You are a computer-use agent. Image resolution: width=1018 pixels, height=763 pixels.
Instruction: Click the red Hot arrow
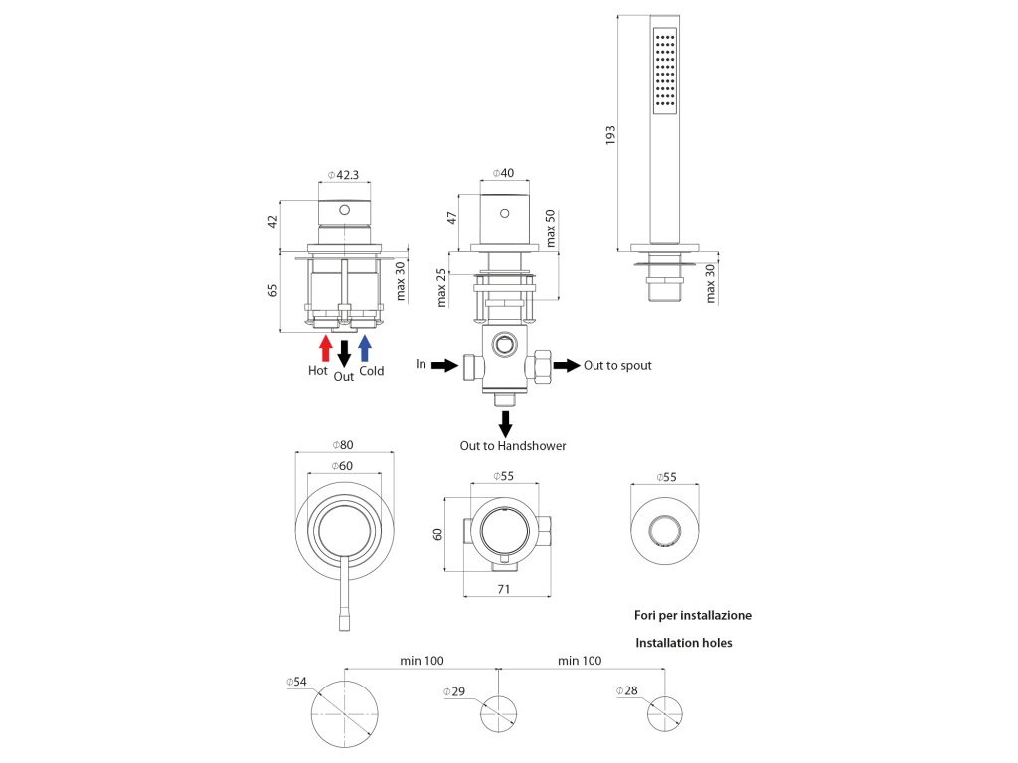[324, 347]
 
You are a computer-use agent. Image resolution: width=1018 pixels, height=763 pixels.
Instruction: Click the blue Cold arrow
[365, 347]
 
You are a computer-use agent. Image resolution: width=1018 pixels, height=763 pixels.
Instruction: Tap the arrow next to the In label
[444, 365]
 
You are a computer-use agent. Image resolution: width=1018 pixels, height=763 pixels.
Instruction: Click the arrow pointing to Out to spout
[566, 365]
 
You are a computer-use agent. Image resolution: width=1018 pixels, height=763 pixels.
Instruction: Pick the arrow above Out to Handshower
[505, 423]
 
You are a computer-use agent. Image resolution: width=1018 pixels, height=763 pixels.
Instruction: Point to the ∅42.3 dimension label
[342, 175]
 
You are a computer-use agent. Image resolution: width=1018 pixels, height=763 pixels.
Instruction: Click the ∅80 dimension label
[344, 444]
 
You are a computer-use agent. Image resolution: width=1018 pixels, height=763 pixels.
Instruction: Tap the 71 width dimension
[504, 589]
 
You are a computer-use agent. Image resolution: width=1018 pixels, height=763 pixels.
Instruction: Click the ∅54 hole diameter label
[296, 682]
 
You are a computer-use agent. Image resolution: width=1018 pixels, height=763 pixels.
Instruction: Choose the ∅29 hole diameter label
[454, 690]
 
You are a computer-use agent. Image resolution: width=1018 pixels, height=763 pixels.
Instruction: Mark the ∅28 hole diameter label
[625, 690]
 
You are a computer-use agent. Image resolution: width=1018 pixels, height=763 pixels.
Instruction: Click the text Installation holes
[683, 643]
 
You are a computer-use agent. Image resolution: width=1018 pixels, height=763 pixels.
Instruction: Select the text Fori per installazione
[693, 615]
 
